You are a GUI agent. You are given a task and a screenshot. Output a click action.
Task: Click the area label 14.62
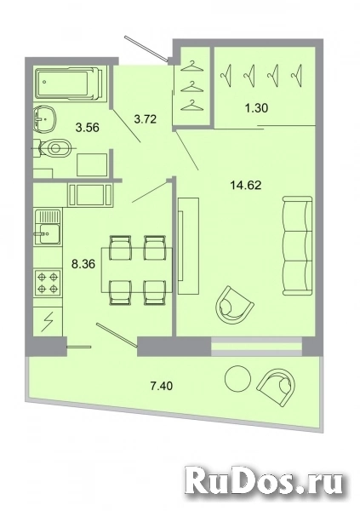click(246, 186)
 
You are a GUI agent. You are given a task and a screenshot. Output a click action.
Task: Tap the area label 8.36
click(83, 264)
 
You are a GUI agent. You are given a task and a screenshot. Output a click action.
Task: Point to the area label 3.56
click(87, 128)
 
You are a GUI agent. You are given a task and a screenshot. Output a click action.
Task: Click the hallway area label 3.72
click(146, 119)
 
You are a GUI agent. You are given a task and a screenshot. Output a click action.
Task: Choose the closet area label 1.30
click(257, 108)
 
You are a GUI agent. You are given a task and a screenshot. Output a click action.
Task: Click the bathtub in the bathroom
click(70, 83)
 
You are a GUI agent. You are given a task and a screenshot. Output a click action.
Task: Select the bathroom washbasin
click(45, 119)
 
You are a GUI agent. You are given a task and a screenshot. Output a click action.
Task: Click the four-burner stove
click(48, 284)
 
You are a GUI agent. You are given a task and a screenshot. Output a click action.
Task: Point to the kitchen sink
click(48, 227)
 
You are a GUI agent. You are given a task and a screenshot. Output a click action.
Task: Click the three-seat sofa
click(297, 246)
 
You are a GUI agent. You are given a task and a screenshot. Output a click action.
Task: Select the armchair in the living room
click(234, 306)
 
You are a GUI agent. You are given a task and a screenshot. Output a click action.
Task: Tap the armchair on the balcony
click(277, 388)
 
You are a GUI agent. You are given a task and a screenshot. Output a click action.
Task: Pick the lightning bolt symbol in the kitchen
click(48, 322)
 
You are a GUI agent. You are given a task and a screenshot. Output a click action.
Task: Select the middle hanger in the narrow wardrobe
click(191, 87)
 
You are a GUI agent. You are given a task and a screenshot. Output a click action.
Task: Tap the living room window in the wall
click(257, 346)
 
